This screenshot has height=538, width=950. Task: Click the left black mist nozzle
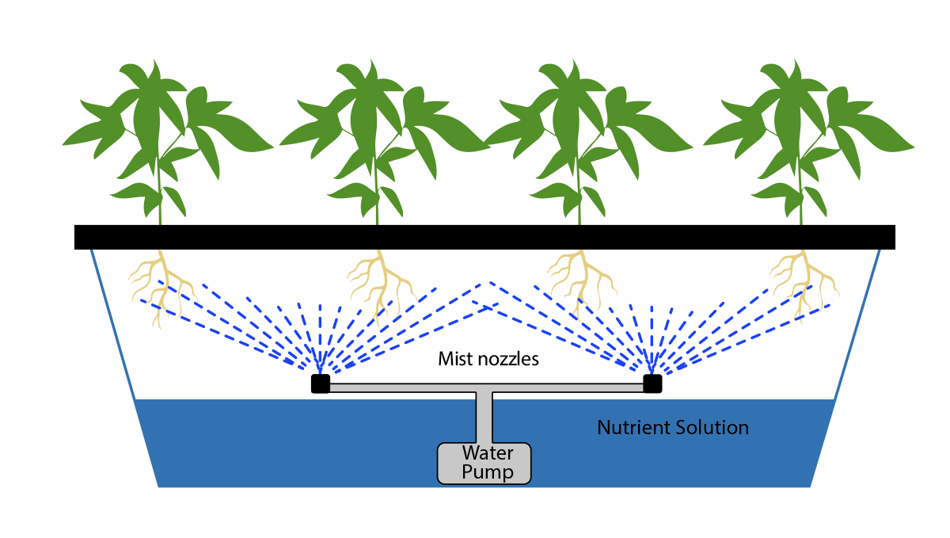point(320,384)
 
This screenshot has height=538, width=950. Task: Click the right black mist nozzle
point(652,384)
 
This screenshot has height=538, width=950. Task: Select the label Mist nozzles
point(488,359)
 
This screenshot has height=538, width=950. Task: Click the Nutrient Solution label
point(672,428)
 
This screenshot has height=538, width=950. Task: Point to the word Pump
point(488,473)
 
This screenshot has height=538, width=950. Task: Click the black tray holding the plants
point(484,237)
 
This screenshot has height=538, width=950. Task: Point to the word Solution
point(711,428)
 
